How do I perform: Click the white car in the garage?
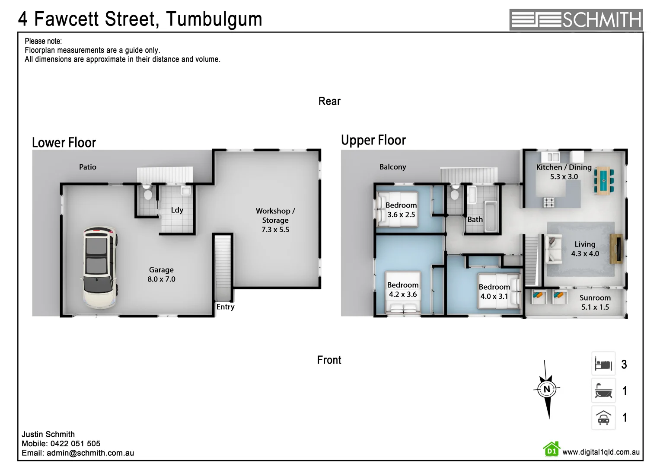pyautogui.click(x=100, y=266)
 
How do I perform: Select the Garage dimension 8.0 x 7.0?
pyautogui.click(x=161, y=279)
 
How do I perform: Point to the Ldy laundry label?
pyautogui.click(x=177, y=210)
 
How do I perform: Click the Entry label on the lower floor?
pyautogui.click(x=225, y=307)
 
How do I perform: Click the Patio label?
pyautogui.click(x=88, y=167)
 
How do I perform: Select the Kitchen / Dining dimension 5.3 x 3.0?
pyautogui.click(x=564, y=177)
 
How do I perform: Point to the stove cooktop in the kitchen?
pyautogui.click(x=549, y=202)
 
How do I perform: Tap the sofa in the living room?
pyautogui.click(x=552, y=249)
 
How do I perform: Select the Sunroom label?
pyautogui.click(x=595, y=298)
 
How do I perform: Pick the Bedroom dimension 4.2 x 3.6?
pyautogui.click(x=403, y=294)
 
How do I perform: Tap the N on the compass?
pyautogui.click(x=547, y=389)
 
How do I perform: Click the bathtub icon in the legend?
pyautogui.click(x=603, y=390)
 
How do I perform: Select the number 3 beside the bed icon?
pyautogui.click(x=624, y=365)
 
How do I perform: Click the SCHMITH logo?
pyautogui.click(x=576, y=19)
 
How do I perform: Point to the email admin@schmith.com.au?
pyautogui.click(x=90, y=453)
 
